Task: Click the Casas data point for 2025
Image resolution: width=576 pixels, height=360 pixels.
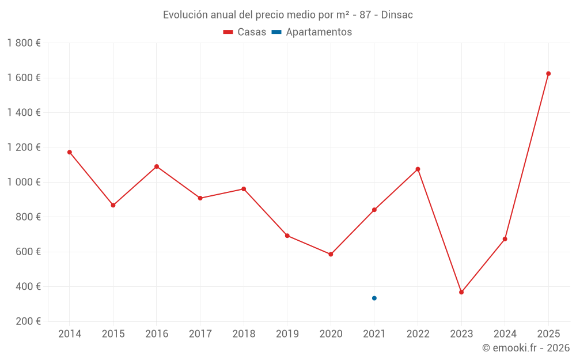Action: point(548,74)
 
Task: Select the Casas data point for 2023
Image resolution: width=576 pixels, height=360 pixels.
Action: point(461,292)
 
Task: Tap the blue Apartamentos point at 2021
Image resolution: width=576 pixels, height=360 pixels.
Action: point(374,298)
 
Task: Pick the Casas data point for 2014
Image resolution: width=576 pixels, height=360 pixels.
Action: point(70,152)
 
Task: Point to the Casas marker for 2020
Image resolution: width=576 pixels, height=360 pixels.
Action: point(331,254)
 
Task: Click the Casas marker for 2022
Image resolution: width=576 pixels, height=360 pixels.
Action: point(418,169)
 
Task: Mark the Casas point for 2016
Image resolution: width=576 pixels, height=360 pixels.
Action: point(157,166)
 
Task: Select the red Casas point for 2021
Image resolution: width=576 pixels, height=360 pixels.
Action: point(374,210)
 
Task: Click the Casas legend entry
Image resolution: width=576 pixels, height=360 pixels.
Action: point(245,32)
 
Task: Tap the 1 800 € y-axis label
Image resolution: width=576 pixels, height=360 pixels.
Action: point(24,43)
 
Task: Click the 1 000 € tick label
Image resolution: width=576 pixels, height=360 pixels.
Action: point(24,182)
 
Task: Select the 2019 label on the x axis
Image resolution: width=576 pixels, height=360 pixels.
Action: point(287,334)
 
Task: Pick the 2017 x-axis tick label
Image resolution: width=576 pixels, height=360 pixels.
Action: point(200,334)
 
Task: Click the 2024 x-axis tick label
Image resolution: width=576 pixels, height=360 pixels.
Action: point(505,334)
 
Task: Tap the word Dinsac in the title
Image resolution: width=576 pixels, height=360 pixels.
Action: point(397,15)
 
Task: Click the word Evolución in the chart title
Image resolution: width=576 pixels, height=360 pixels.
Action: point(185,15)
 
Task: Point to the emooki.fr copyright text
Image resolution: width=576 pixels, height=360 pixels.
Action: point(525,348)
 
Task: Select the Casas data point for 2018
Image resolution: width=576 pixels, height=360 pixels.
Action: point(244,189)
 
